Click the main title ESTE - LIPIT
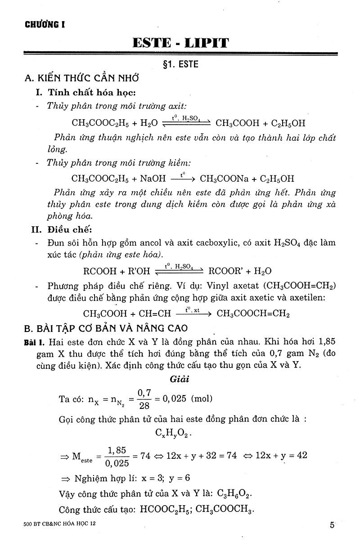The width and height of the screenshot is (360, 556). tap(180, 43)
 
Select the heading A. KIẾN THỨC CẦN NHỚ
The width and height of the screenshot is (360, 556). tap(81, 78)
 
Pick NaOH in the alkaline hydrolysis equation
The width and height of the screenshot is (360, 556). tap(153, 178)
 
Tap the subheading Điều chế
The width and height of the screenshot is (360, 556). tap(69, 229)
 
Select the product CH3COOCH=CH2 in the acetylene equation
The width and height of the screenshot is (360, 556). tap(253, 314)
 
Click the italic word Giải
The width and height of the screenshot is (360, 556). tap(180, 379)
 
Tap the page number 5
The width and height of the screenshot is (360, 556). tap(332, 525)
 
